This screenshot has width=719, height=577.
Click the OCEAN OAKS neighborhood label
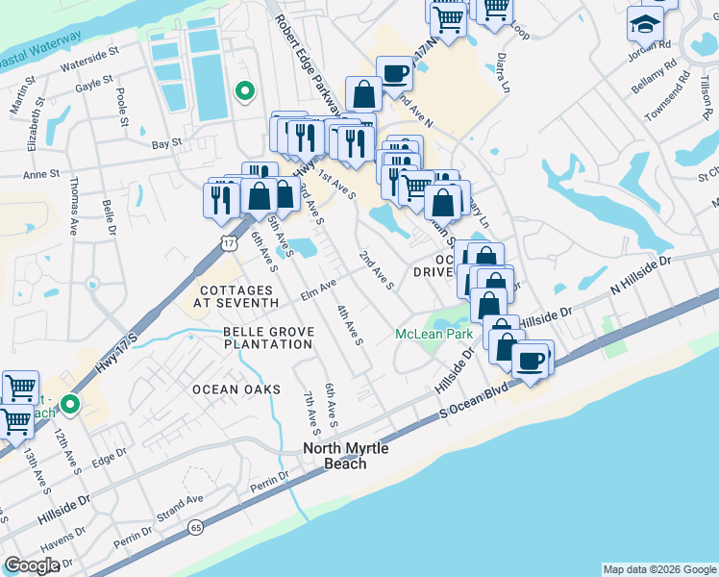click(236, 389)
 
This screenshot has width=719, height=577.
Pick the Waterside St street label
click(88, 67)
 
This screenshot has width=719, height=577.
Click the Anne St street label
click(41, 175)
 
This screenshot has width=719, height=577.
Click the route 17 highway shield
click(228, 242)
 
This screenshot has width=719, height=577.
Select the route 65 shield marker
click(196, 527)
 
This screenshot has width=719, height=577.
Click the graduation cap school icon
click(645, 22)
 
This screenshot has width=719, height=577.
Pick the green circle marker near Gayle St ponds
click(245, 92)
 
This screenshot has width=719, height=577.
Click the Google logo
click(32, 565)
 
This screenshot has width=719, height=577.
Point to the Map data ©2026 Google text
click(658, 569)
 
